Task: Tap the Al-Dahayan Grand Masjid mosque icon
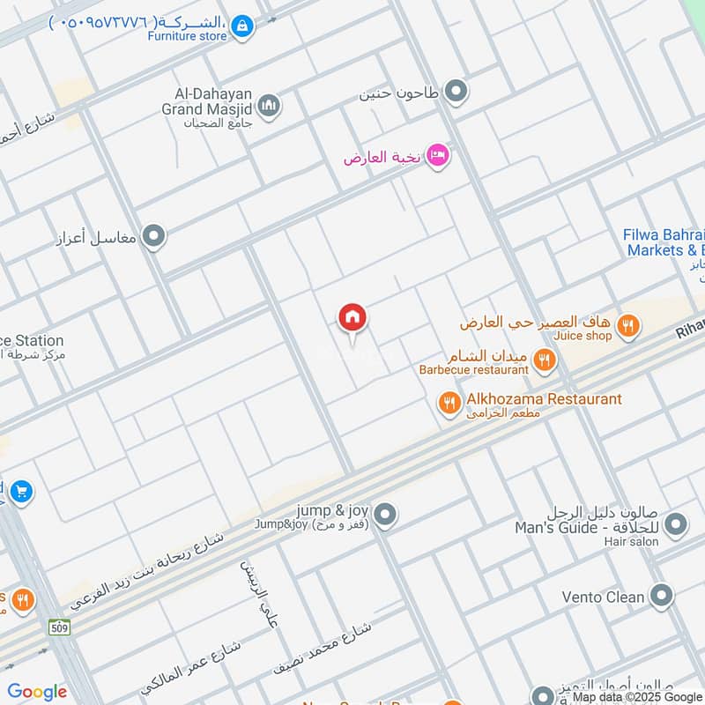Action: click(x=270, y=107)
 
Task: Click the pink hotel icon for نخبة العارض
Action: click(x=438, y=157)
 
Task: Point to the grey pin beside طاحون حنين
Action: click(x=456, y=91)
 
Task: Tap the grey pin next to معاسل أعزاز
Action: click(x=154, y=236)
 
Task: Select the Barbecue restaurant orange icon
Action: click(x=544, y=359)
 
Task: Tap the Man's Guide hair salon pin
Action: click(x=676, y=526)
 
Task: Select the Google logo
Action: click(x=37, y=692)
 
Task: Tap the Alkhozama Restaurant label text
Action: click(x=544, y=399)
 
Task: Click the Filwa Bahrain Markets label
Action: click(x=665, y=242)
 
